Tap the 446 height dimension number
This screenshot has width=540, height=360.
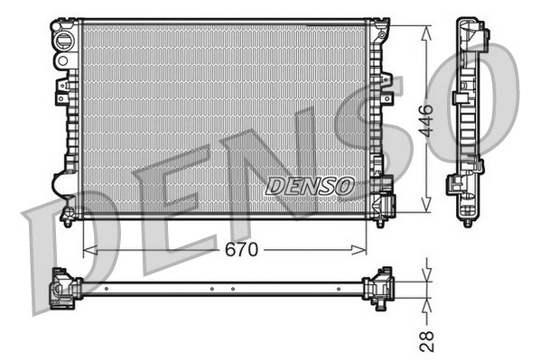click(427, 119)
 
